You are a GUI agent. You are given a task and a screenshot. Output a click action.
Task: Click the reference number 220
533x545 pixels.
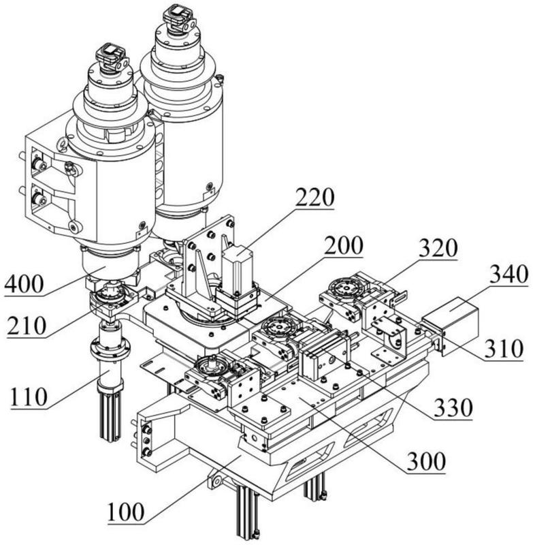coord(315,198)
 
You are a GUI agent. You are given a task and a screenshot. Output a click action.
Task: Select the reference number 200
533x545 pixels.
coord(343,247)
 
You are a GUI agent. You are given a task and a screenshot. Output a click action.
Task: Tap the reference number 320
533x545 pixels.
coord(438,248)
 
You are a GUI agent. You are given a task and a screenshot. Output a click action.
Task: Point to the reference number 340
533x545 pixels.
coord(509,275)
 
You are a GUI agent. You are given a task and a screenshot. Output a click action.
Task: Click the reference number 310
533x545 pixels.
coord(504,349)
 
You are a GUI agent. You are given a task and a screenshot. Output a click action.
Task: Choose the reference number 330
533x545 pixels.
coord(453,407)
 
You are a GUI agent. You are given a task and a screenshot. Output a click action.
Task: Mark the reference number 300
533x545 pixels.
coord(426,461)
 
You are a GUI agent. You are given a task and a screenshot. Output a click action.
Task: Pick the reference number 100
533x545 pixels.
coord(125,512)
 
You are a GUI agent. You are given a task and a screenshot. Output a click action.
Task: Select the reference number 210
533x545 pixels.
coord(27,326)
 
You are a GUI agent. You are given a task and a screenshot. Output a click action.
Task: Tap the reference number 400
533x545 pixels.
coord(24,283)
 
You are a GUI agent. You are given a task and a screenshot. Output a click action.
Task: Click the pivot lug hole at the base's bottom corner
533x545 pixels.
coord(216,482)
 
